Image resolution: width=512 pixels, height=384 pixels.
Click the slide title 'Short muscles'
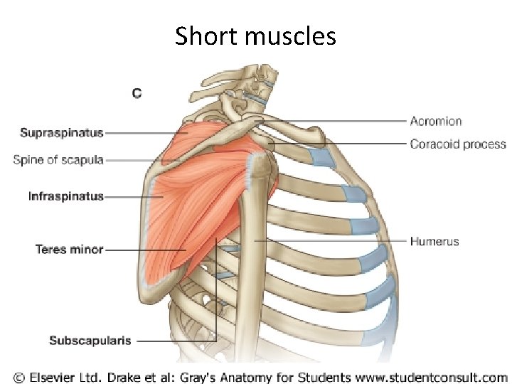coord(255,35)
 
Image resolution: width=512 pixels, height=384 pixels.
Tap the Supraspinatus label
coord(62,132)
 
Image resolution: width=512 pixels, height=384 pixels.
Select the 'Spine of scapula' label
coord(58,160)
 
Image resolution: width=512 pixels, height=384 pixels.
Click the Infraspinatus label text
coord(66,196)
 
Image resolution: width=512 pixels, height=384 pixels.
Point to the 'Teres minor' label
coord(69,249)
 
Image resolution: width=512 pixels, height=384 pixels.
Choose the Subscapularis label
coord(90,341)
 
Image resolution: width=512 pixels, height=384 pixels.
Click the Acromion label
coord(436,122)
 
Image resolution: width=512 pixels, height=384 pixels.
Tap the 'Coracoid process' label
coord(458,144)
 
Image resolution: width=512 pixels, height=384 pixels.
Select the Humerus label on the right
coord(434,242)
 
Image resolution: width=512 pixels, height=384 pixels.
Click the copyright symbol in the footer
coord(18,376)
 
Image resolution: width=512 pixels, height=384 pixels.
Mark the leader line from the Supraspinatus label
coord(142,132)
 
